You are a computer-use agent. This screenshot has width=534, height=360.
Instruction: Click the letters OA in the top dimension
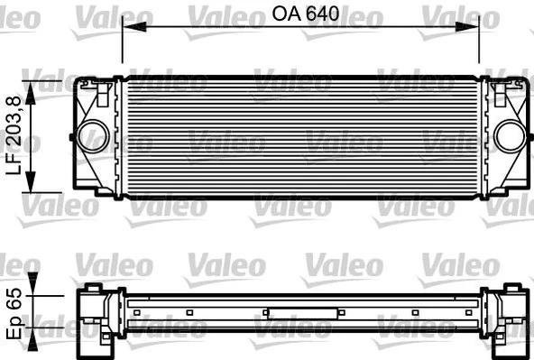[x=287, y=14]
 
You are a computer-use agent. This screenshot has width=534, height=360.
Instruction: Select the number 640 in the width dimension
[x=323, y=14]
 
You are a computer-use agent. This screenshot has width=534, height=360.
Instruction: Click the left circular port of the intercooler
[x=87, y=135]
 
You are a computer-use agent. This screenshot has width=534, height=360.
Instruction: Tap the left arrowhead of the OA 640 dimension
[x=126, y=27]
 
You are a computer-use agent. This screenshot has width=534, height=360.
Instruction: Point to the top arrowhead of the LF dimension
[x=33, y=84]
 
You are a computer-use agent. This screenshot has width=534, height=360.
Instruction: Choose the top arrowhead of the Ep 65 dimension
[x=34, y=291]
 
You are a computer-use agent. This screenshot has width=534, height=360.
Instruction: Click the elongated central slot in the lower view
[x=302, y=314]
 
